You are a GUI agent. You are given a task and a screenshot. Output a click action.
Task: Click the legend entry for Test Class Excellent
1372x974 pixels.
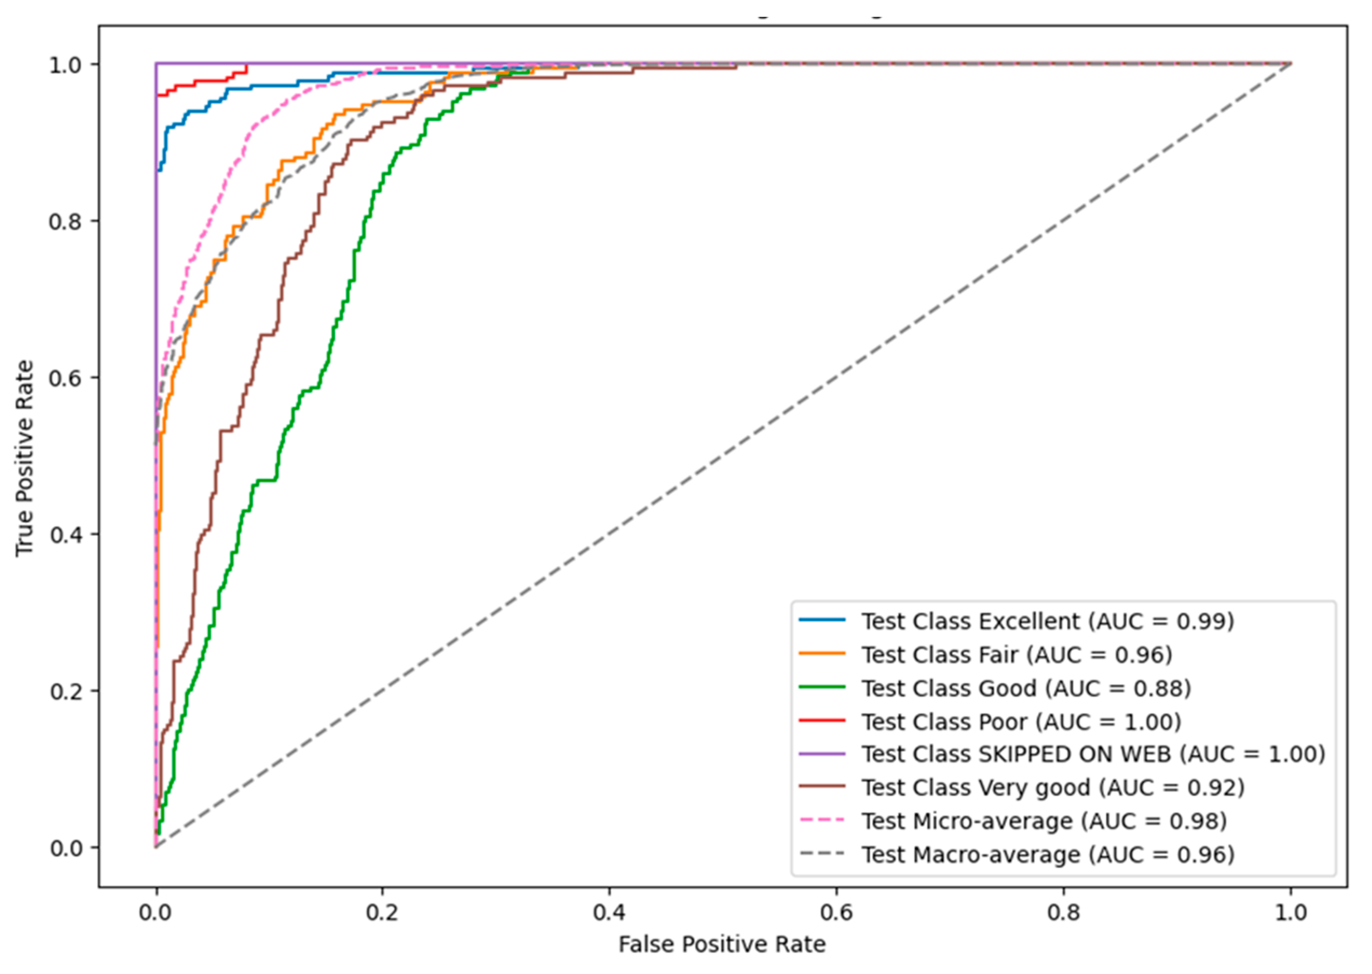coord(1047,622)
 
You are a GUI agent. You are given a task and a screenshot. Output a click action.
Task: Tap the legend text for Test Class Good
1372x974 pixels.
coord(1026,688)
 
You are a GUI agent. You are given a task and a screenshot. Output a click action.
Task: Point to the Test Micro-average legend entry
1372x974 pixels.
coord(1044,821)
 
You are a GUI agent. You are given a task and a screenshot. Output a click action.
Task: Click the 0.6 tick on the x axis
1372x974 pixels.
coord(836,913)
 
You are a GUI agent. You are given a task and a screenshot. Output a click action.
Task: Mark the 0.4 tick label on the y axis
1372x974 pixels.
coord(66,534)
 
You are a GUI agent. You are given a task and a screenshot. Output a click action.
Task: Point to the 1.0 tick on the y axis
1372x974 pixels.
coord(66,65)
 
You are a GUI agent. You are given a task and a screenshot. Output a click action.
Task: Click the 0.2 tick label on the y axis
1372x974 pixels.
coord(66,691)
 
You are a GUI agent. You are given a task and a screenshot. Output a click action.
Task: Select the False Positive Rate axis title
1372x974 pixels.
coord(722,945)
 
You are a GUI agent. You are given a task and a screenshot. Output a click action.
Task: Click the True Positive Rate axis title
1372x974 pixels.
coord(24,458)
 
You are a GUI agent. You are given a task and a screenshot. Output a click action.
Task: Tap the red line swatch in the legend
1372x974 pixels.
coord(822,720)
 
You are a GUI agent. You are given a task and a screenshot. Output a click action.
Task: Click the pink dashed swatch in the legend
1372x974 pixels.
coord(822,820)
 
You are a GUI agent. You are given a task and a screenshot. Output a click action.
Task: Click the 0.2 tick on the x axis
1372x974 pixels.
coord(382,913)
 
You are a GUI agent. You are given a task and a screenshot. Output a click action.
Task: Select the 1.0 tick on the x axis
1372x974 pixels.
coord(1290,913)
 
